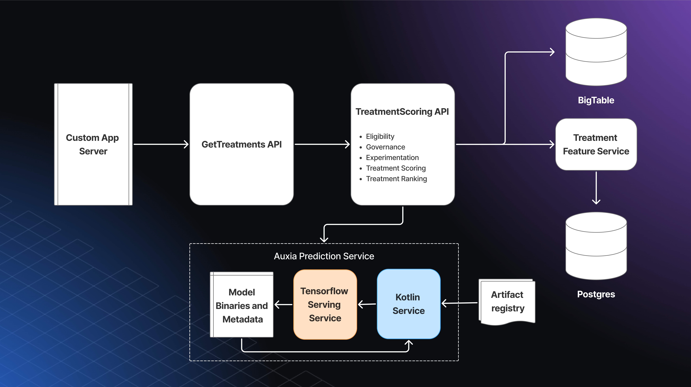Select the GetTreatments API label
click(x=241, y=144)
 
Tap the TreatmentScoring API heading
click(x=402, y=112)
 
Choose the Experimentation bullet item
click(x=392, y=158)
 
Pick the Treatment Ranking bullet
click(x=396, y=179)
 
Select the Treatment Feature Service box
click(x=596, y=144)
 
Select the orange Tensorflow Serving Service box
click(x=325, y=304)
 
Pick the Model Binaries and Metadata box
click(x=242, y=306)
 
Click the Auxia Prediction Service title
click(x=324, y=256)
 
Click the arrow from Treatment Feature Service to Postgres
click(x=596, y=188)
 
